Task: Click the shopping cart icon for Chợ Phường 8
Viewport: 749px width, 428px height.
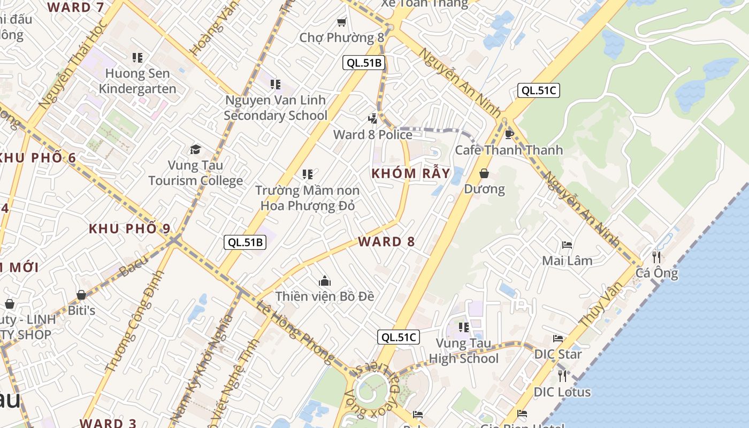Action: click(341, 22)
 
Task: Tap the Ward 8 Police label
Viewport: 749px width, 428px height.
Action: click(373, 134)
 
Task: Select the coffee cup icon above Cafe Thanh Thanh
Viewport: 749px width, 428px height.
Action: click(509, 134)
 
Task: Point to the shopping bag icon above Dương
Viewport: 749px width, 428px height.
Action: click(484, 173)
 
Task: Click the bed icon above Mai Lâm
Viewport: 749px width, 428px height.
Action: click(567, 245)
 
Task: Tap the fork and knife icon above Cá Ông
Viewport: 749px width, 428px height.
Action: click(656, 257)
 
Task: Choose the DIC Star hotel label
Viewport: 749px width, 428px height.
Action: click(558, 354)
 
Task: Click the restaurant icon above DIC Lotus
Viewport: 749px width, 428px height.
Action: click(562, 376)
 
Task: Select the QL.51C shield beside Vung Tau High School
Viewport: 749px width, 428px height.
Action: click(398, 337)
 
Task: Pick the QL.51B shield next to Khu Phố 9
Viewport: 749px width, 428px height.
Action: click(244, 242)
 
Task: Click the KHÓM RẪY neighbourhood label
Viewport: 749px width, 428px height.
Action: click(411, 173)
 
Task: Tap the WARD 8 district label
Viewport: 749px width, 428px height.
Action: click(386, 241)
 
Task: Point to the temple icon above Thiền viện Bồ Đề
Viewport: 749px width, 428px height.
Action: click(324, 281)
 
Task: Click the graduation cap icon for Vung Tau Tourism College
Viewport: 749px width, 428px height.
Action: click(195, 149)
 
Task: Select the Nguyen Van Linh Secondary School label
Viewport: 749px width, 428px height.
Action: click(276, 108)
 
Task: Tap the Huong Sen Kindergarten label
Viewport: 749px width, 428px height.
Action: click(137, 81)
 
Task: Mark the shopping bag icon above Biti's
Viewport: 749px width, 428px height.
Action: click(81, 295)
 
